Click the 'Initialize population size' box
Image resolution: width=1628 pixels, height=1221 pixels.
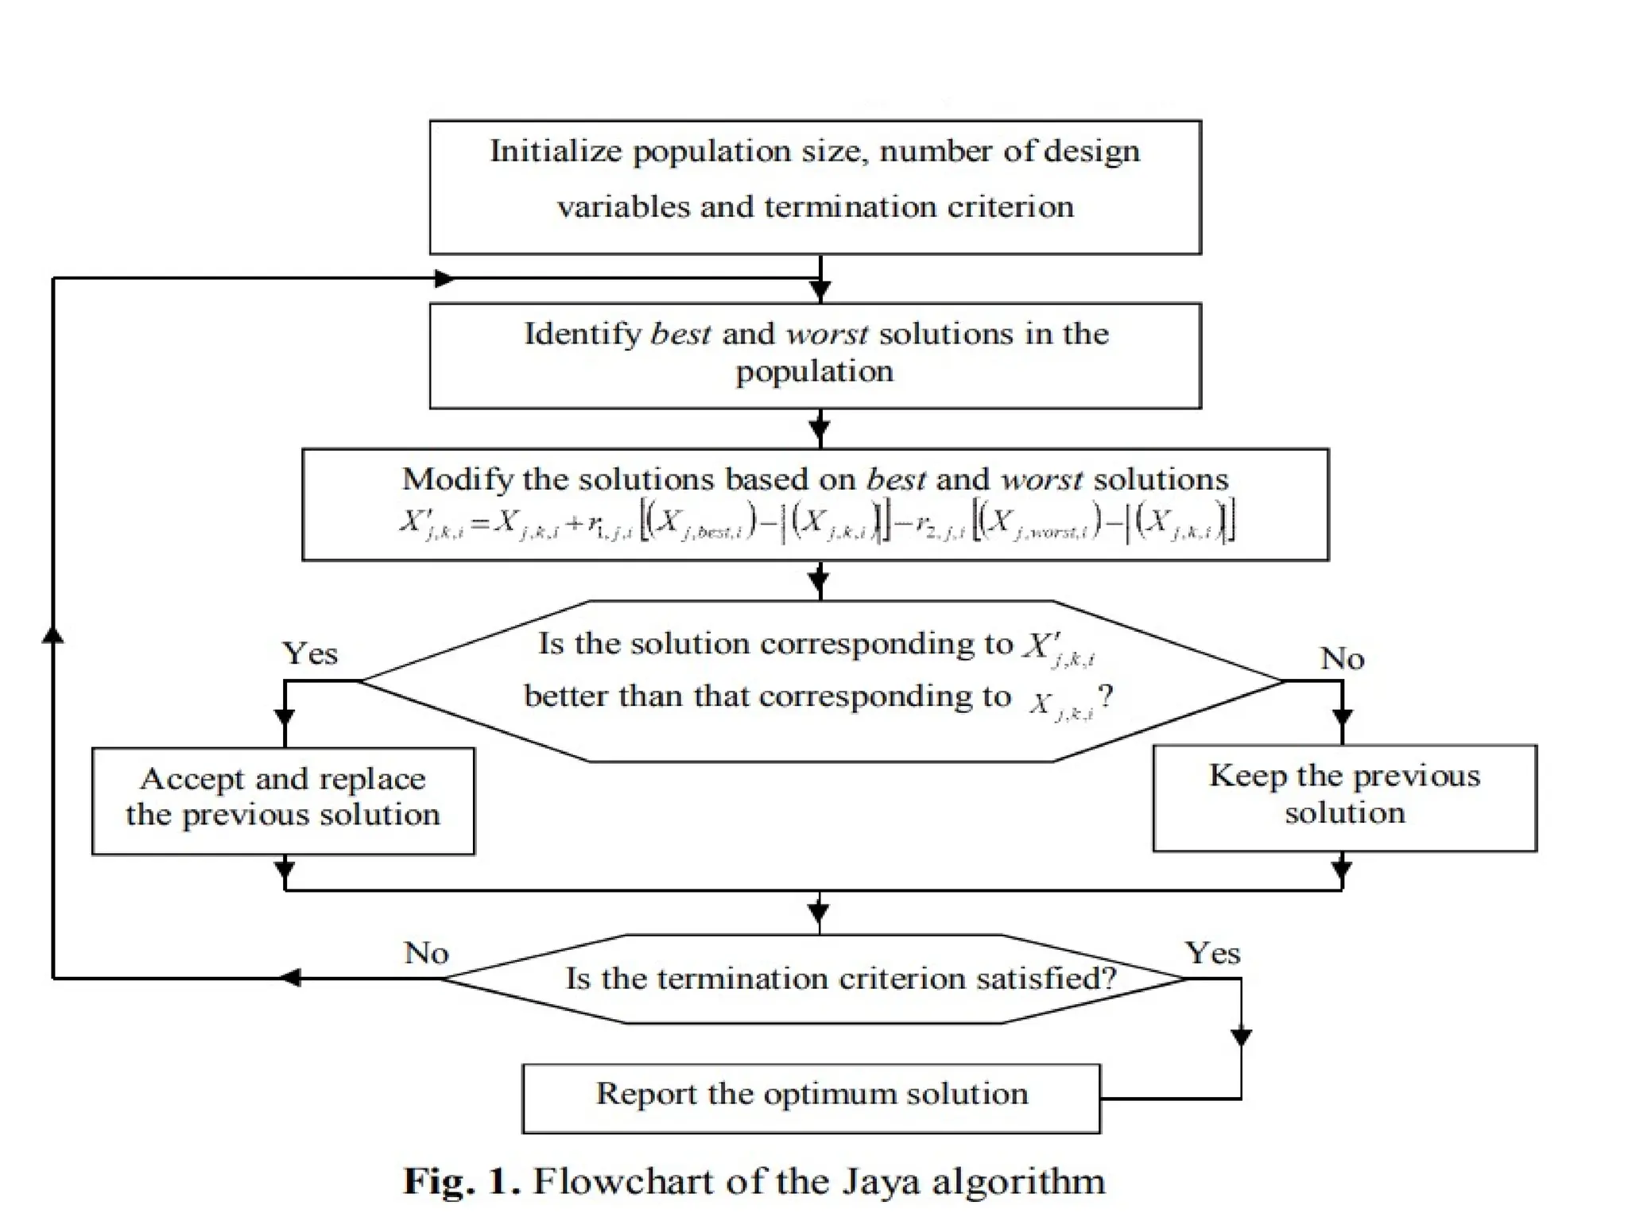[x=815, y=187]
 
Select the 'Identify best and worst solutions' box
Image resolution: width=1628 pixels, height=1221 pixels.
[x=815, y=355]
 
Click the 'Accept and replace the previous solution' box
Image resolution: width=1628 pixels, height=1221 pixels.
[x=283, y=800]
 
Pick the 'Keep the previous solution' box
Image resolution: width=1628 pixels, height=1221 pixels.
[x=1344, y=797]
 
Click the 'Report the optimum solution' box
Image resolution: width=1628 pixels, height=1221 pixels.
[x=811, y=1098]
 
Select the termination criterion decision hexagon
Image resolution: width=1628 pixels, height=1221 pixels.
[x=815, y=979]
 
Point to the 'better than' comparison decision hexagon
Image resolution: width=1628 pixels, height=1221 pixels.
[x=821, y=680]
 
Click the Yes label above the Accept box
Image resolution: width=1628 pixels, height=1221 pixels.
[x=310, y=653]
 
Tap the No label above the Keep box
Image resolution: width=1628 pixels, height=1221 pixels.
[x=1342, y=658]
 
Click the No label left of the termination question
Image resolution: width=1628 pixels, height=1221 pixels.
[x=426, y=952]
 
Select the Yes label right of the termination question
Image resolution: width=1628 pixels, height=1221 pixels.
[x=1212, y=952]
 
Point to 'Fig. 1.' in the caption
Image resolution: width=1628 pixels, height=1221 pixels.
[x=461, y=1181]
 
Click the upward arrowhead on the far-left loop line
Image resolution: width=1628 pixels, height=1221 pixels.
[x=52, y=634]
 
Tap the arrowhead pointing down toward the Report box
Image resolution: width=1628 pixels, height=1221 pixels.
[x=1241, y=1037]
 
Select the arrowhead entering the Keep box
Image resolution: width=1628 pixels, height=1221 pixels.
[x=1342, y=718]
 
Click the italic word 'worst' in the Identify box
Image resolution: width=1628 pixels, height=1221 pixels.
[x=827, y=334]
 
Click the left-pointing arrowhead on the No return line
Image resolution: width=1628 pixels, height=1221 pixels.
[x=290, y=978]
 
